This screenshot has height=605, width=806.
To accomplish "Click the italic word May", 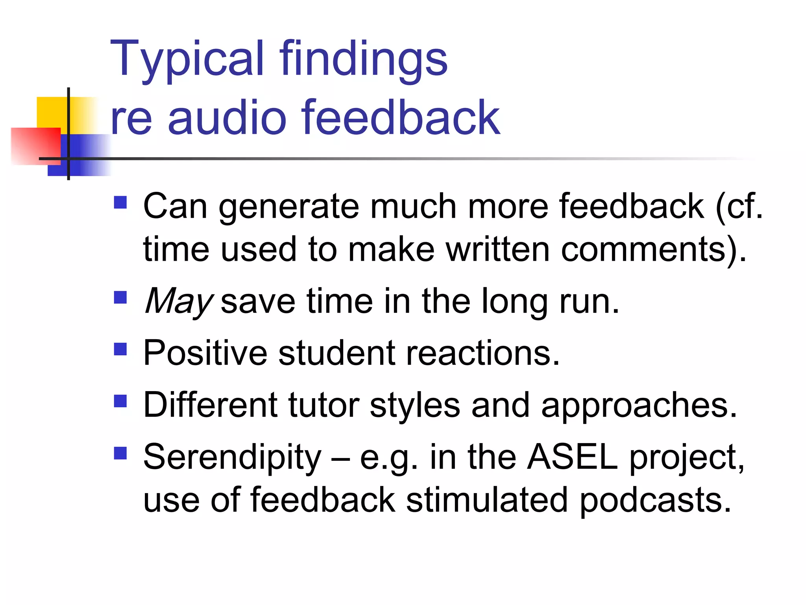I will click(x=178, y=301).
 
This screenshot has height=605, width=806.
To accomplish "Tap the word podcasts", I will click(x=655, y=500).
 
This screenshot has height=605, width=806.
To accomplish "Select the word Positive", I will click(x=205, y=353).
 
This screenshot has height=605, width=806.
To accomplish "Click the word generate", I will click(x=289, y=207).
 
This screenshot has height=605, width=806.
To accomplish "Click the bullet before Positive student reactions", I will click(x=120, y=349).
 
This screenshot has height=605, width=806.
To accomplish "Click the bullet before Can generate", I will click(x=120, y=202).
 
